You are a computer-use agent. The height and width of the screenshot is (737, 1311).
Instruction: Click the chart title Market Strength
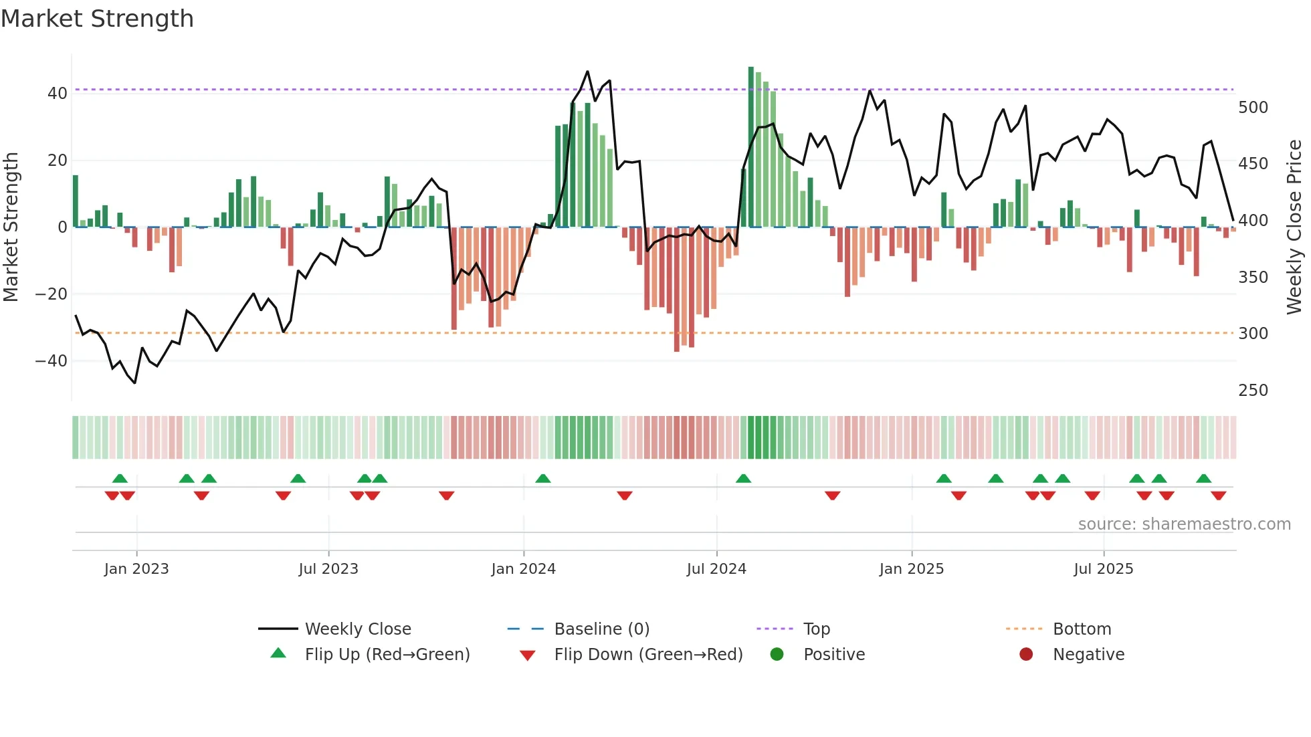[x=97, y=19]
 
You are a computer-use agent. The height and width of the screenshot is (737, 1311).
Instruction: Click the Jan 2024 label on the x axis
[x=523, y=569]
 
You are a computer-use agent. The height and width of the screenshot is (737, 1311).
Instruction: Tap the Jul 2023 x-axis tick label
[x=328, y=569]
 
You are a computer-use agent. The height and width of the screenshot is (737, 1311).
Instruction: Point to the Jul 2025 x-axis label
[x=1103, y=569]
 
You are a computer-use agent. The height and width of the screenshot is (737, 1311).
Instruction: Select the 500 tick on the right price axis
[x=1253, y=108]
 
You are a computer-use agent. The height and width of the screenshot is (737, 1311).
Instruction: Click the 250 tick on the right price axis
[x=1253, y=391]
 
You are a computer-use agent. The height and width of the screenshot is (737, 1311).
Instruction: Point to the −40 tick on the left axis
[x=51, y=361]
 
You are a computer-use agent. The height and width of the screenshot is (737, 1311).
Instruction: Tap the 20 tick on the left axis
[x=58, y=161]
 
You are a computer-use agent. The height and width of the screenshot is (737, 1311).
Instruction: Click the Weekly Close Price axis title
[x=1294, y=227]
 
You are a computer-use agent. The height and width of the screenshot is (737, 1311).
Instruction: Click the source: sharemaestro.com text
[x=1184, y=524]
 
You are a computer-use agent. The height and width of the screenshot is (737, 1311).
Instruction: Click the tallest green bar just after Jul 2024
[x=750, y=147]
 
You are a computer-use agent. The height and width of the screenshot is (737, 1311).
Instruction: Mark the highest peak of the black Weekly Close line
[x=587, y=72]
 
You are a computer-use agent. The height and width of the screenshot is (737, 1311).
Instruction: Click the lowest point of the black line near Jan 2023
[x=135, y=383]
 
